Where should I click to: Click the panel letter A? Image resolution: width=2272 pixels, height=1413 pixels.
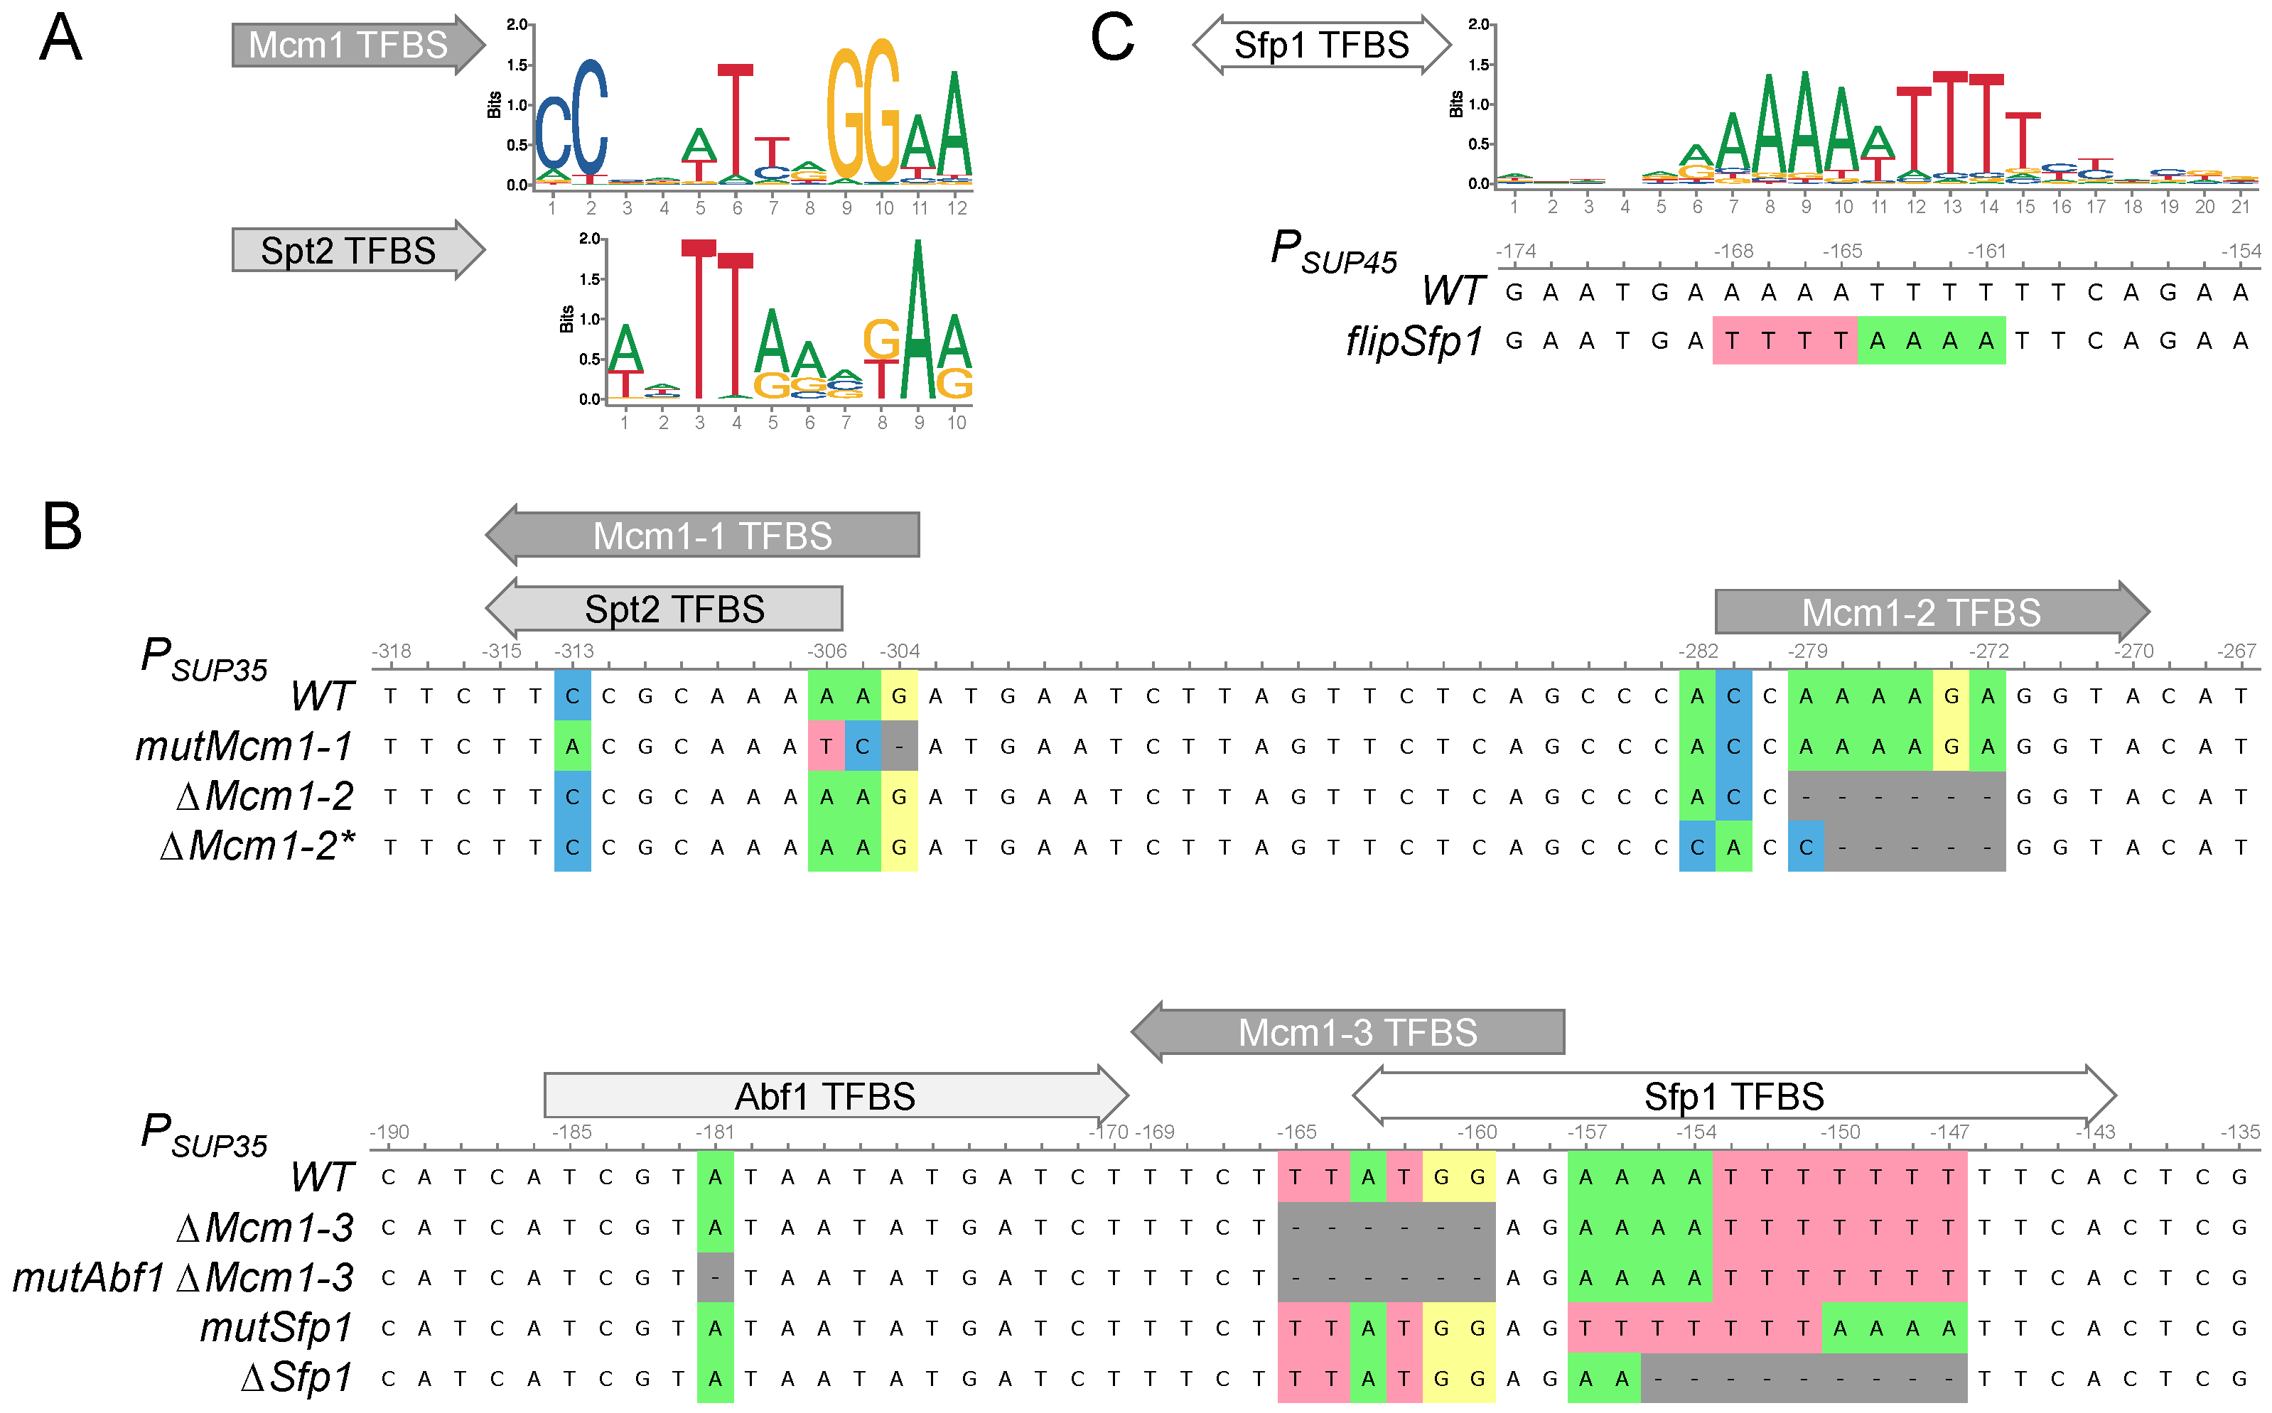point(60,39)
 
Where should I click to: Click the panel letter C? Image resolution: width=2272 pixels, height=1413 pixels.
point(1111,39)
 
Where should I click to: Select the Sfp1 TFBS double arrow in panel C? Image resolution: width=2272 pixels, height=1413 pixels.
point(1320,45)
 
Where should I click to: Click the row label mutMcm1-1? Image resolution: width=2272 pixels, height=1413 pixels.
point(245,746)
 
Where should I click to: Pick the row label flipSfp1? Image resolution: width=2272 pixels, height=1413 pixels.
point(1414,341)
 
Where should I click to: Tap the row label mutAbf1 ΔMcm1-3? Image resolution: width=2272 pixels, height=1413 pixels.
point(184,1277)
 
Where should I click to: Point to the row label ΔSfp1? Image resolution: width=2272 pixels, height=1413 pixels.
point(297,1377)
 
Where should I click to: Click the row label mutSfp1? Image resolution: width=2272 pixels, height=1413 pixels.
point(276,1327)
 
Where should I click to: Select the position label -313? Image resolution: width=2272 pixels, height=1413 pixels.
point(574,651)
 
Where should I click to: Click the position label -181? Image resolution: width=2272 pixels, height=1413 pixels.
point(715,1132)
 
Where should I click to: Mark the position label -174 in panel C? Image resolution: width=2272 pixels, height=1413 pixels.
point(1516,251)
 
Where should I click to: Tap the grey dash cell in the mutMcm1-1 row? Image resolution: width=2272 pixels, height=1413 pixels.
point(899,747)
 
